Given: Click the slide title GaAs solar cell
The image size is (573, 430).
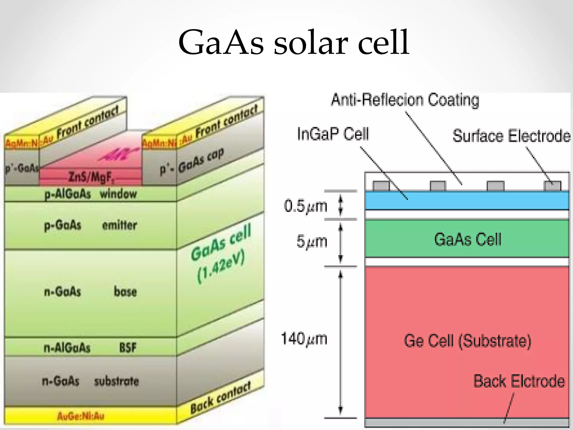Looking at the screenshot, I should tap(294, 43).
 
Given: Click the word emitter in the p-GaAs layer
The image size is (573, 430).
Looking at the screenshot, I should tap(119, 225).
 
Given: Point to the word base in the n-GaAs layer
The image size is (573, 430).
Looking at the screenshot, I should tap(125, 291).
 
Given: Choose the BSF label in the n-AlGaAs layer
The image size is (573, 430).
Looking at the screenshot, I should tap(128, 348).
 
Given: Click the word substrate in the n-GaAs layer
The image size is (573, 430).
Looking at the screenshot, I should tap(116, 381).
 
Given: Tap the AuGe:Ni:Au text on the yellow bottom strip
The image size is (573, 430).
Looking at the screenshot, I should tap(81, 416).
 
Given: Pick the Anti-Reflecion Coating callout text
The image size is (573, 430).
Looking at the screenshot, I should tap(405, 100).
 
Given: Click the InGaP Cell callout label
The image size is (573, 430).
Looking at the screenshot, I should tap(333, 134).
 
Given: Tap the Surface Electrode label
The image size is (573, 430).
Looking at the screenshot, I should tap(511, 136).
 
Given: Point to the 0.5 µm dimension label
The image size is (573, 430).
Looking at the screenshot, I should tap(305, 206).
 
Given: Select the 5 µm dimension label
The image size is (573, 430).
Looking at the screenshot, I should tap(312, 241).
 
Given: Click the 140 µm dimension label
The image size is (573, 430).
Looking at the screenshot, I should tap(304, 338).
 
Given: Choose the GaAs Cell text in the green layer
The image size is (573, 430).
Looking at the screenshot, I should tap(468, 239).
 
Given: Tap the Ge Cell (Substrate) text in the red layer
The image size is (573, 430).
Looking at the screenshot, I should tap(467, 341).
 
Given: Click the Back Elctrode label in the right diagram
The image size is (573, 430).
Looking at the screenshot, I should tap(519, 381).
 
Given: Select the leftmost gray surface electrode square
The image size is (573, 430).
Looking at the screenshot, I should tap(381, 186).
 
